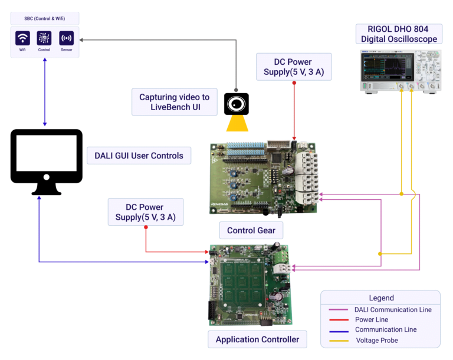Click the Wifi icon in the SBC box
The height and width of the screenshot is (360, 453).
tap(23, 38)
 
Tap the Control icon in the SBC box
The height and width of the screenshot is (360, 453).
tap(44, 38)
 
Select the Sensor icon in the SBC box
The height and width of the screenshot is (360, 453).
tap(67, 38)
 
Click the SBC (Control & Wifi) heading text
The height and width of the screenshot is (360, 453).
tap(45, 18)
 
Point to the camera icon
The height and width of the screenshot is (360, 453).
tap(236, 104)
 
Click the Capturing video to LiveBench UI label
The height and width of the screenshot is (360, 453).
tap(174, 102)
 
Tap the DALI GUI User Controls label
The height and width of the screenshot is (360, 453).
tap(139, 156)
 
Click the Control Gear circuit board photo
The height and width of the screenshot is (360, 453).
tap(263, 177)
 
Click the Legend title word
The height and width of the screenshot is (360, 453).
tap(381, 298)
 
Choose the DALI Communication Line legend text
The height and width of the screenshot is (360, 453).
tap(393, 309)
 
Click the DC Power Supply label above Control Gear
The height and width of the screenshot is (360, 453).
tap(293, 68)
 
